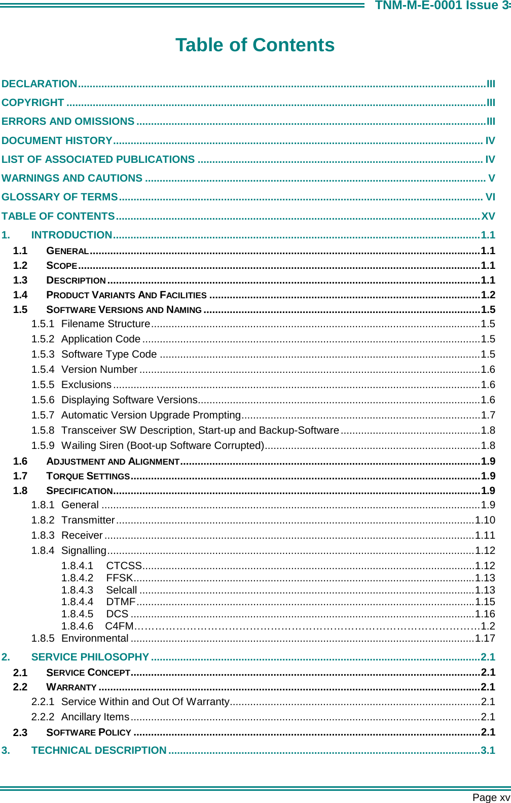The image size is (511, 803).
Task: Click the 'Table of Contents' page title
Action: (x=255, y=45)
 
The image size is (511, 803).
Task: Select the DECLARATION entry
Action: (x=40, y=84)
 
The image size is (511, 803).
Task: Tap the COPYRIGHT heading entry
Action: (x=33, y=102)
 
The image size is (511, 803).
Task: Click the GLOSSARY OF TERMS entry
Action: (x=60, y=197)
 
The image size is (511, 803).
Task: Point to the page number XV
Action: (x=488, y=216)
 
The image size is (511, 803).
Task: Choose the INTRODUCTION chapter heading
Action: (x=71, y=235)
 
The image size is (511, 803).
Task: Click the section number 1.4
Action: (x=20, y=295)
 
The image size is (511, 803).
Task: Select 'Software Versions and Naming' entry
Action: (x=124, y=309)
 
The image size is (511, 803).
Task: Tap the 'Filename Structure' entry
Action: (x=105, y=324)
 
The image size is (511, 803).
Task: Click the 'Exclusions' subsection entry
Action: (x=86, y=385)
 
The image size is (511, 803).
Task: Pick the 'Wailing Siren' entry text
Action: (x=162, y=445)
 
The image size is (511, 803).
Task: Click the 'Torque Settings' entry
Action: (x=88, y=476)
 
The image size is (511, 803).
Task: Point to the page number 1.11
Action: (x=485, y=535)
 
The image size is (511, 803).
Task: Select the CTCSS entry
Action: (x=124, y=566)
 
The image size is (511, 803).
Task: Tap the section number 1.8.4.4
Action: (x=77, y=602)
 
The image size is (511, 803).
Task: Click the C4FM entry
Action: (x=120, y=626)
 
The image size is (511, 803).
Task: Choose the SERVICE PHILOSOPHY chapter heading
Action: (x=90, y=657)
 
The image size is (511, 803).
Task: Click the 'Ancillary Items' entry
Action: (x=95, y=717)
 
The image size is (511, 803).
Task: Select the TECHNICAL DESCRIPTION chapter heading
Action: (x=99, y=750)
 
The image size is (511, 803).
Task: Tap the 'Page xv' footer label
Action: (x=491, y=797)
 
